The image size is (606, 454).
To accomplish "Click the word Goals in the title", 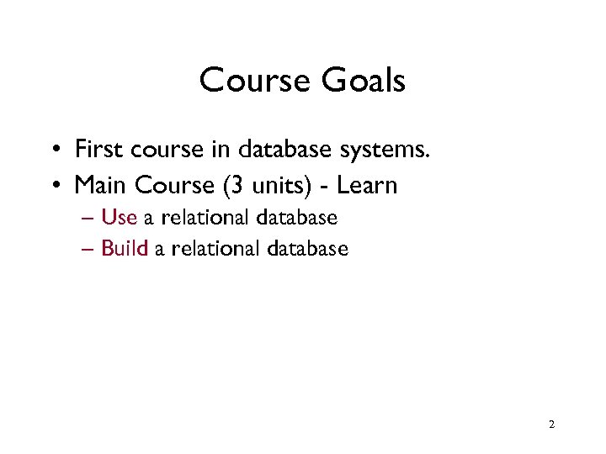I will (364, 81).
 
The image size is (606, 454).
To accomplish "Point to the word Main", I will (101, 184).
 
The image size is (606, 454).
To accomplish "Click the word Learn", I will (366, 184).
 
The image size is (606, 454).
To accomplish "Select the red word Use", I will (119, 218).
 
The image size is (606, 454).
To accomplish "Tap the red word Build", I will (125, 248).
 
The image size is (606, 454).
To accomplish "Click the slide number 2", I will (551, 425).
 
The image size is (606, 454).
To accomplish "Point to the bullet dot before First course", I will (54, 151).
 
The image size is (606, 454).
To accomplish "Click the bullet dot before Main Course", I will (54, 186).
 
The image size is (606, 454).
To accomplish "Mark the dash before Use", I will (89, 219).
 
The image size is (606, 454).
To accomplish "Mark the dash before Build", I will (89, 249).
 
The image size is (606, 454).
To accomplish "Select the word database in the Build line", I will (307, 248).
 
